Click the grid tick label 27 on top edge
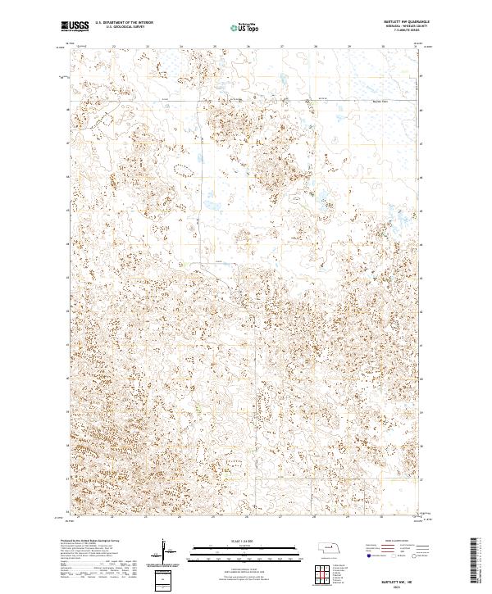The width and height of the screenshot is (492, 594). [x=281, y=48]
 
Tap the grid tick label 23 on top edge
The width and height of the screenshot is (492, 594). [x=147, y=48]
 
